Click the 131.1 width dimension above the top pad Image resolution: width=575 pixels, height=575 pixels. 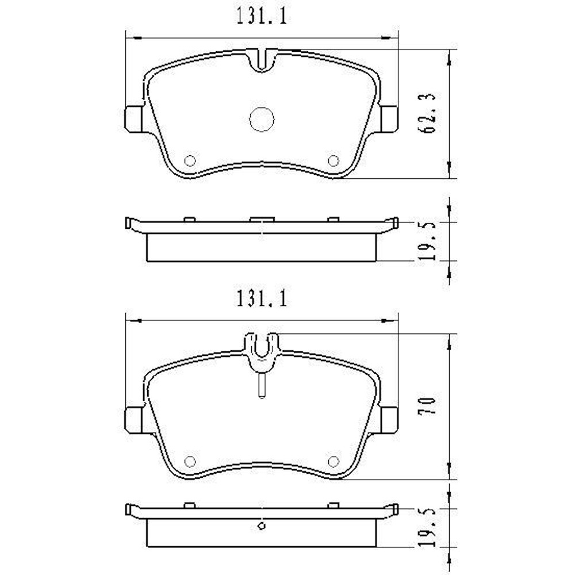[261, 17]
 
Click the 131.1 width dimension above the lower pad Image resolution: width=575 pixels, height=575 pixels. [261, 300]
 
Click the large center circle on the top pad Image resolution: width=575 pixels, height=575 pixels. [262, 119]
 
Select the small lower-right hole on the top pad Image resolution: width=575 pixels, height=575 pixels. [332, 161]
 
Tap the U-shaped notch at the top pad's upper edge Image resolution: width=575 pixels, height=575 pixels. [263, 60]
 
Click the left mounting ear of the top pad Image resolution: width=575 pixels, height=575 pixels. [134, 118]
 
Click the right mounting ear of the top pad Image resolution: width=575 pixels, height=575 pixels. [389, 118]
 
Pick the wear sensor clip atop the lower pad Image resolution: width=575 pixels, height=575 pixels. [262, 348]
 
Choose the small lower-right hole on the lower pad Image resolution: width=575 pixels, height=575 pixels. [332, 460]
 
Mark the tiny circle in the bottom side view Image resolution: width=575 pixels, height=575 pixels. [262, 524]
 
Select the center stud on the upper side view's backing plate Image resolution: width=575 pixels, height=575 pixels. [262, 219]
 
